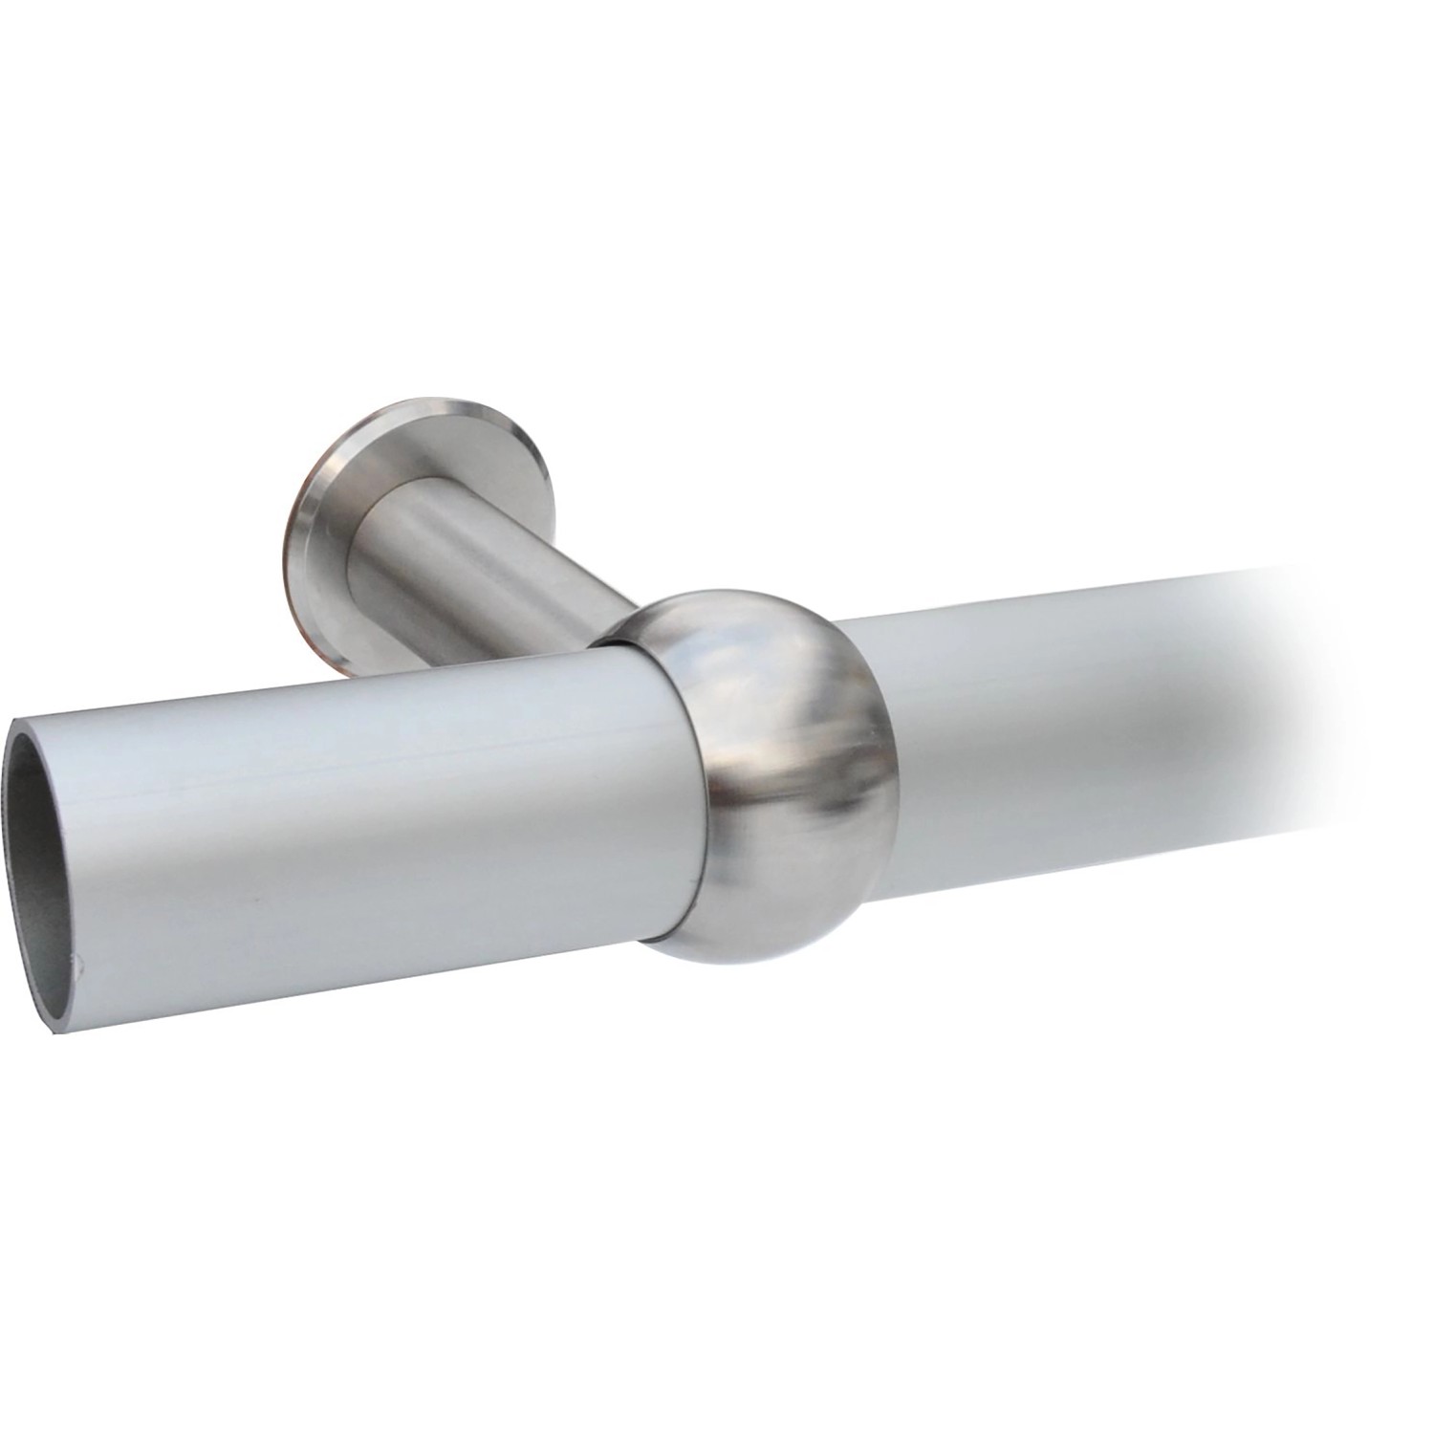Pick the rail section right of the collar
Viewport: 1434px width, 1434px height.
[x=1052, y=707]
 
